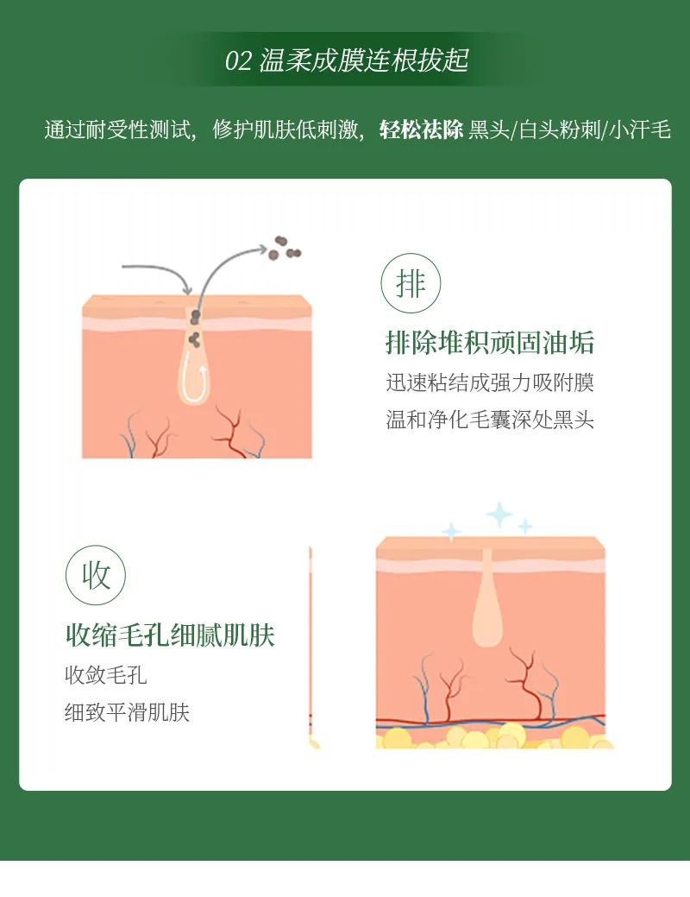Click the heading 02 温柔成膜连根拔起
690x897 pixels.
[x=347, y=61]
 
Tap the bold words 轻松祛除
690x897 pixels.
[x=422, y=131]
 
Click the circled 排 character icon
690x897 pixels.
[x=411, y=283]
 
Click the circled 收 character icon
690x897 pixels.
[x=96, y=575]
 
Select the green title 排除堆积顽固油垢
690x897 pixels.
[x=490, y=343]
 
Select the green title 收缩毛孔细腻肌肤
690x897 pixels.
[x=170, y=635]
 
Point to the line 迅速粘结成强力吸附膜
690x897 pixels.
[x=490, y=382]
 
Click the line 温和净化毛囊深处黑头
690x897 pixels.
[x=490, y=420]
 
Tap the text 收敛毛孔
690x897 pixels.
[x=105, y=674]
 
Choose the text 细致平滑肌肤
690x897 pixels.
[x=127, y=712]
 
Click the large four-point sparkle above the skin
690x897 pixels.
[x=499, y=515]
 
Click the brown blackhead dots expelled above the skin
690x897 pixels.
[x=283, y=249]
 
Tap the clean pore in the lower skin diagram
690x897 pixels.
[x=487, y=600]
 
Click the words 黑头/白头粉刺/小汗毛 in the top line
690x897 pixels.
[x=569, y=131]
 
